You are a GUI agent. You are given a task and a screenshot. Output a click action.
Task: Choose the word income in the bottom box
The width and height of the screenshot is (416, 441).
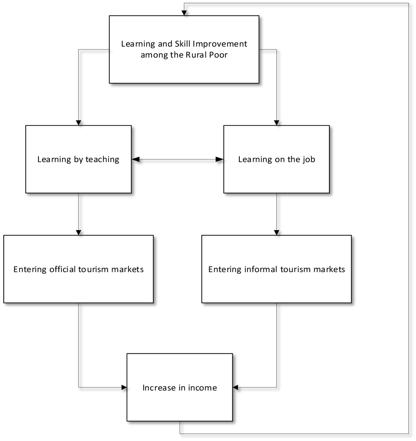[x=202, y=388]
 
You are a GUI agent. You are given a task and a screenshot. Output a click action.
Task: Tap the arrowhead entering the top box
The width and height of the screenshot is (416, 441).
[x=184, y=13]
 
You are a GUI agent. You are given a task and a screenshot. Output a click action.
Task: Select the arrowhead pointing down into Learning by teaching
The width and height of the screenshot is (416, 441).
[x=78, y=123]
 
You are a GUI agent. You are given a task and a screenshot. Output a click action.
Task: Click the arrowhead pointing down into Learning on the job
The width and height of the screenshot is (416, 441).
[x=277, y=123]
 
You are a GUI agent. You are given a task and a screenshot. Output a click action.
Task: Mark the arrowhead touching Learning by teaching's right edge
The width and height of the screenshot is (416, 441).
[x=135, y=159]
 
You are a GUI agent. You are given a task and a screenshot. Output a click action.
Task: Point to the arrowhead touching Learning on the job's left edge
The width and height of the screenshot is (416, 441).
[x=220, y=159]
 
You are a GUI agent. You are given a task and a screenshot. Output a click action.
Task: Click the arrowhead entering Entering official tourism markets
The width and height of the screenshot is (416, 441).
[x=78, y=232]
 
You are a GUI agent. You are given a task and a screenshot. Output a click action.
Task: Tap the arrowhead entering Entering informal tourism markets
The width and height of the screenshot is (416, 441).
[x=277, y=232]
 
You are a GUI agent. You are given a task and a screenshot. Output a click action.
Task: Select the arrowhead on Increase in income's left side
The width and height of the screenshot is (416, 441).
[x=124, y=388]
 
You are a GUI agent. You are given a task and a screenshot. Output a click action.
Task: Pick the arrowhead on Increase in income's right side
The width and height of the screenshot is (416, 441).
[x=235, y=388]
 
